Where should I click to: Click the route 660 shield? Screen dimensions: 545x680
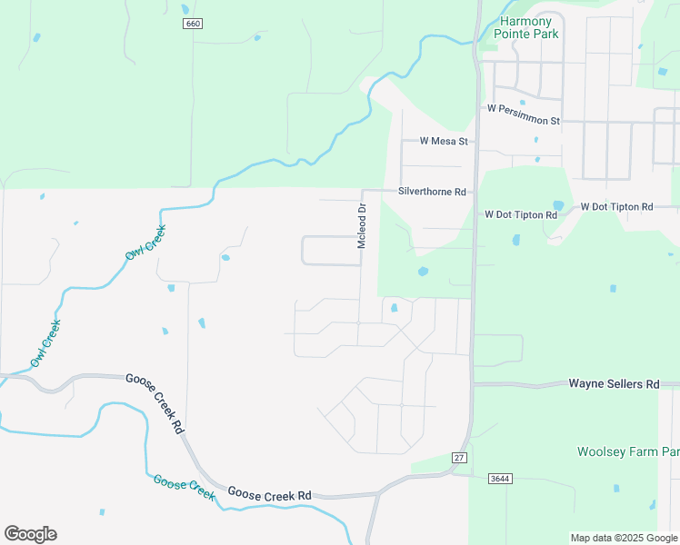coord(192,23)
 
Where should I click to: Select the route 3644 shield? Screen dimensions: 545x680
coord(498,477)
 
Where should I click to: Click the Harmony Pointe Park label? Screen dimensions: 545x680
coord(526,26)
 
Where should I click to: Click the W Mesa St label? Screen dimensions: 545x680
coord(443,141)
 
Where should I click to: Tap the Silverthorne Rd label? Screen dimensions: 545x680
coord(432,192)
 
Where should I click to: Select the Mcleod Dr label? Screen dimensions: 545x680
coord(361,227)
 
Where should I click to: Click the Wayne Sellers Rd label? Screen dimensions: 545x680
coord(614,384)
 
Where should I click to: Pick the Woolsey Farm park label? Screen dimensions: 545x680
coord(628,451)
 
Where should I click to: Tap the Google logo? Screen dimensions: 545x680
coord(30,534)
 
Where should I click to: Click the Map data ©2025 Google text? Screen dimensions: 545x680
coord(624,538)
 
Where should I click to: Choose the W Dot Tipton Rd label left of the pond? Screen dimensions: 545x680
coord(520,214)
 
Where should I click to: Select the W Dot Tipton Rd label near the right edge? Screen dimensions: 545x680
coord(616,207)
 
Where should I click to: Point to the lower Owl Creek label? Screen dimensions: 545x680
coord(45,343)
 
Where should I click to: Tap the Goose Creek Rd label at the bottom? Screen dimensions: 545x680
coord(269,495)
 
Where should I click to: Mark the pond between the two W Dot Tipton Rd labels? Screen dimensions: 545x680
coord(557,205)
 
